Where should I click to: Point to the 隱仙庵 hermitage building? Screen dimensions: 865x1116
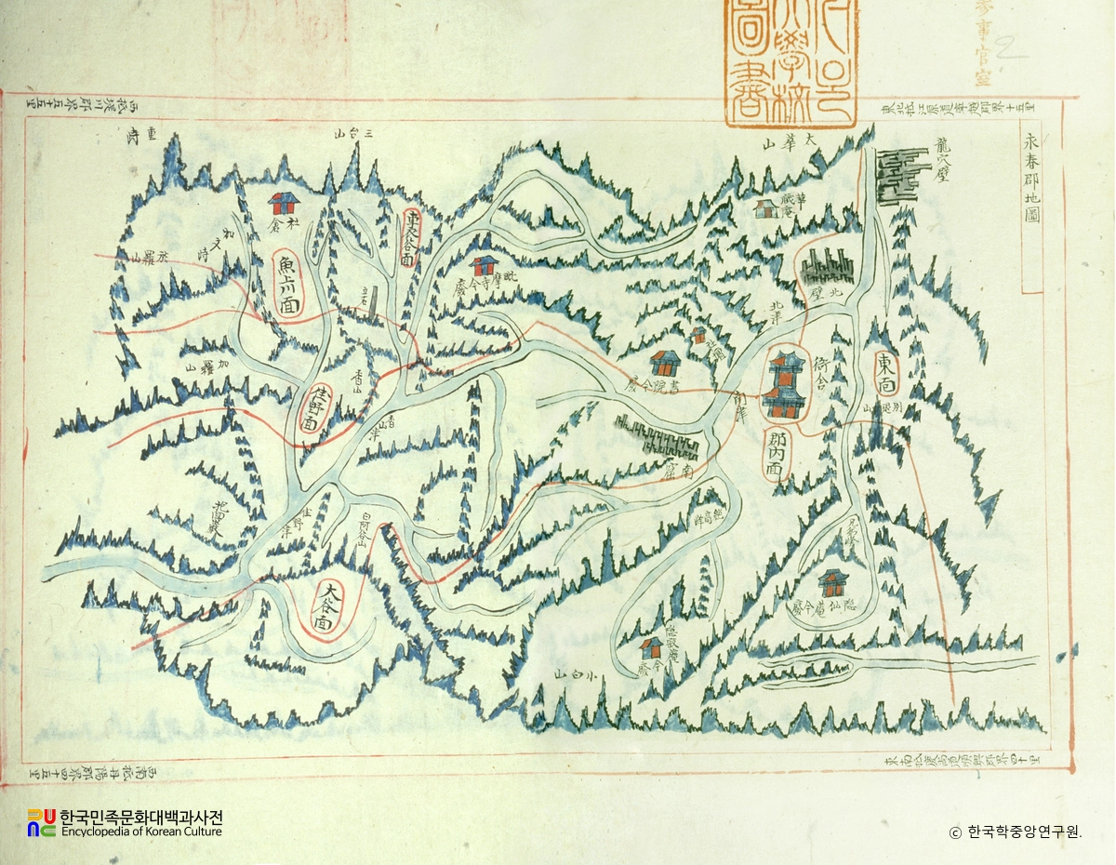pyautogui.click(x=830, y=583)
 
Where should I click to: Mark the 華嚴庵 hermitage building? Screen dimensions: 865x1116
pyautogui.click(x=766, y=208)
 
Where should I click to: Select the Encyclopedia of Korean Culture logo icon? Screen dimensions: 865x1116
pyautogui.click(x=41, y=822)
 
